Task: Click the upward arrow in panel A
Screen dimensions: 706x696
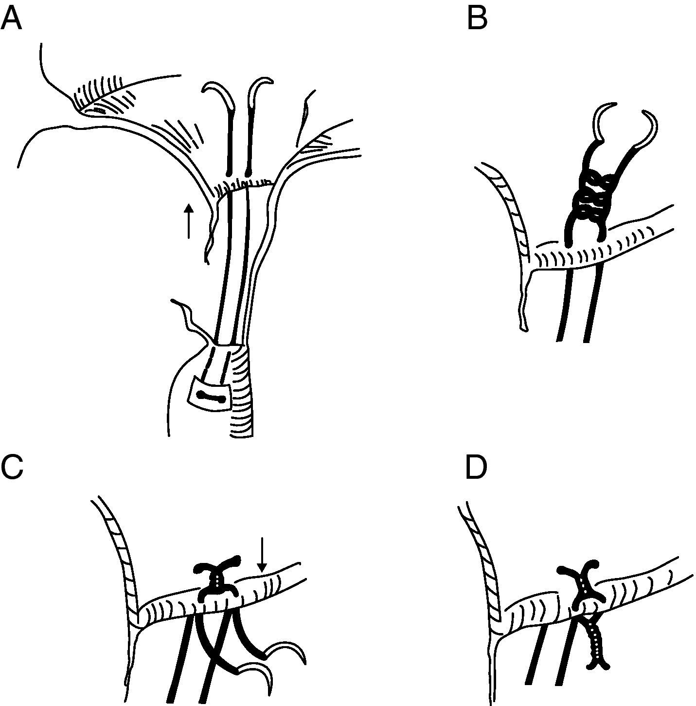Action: pos(189,221)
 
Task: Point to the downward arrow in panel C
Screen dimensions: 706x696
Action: pos(262,554)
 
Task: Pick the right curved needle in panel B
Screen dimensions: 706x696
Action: pos(649,129)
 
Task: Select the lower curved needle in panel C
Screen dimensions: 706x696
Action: pos(258,674)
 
